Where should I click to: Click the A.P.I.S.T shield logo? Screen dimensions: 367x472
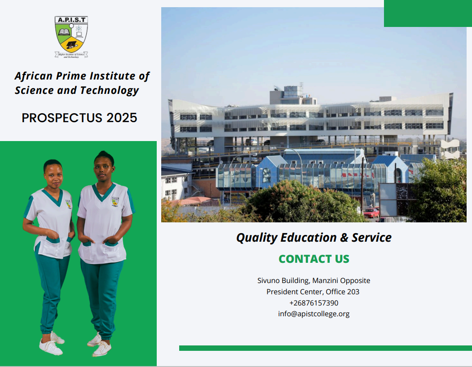pos(71,37)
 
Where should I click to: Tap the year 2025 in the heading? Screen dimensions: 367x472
pos(122,118)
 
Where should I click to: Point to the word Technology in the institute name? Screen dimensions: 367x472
pos(109,90)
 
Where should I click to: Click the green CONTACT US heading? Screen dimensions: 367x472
pos(314,259)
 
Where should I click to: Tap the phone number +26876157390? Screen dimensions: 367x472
pos(314,303)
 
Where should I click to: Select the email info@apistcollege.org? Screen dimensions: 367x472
pos(314,314)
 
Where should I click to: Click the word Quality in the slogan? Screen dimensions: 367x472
pos(256,238)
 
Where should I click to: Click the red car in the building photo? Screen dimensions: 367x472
pos(371,213)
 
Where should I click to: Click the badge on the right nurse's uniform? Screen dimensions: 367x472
pos(115,201)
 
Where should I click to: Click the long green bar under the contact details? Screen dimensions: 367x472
pos(325,348)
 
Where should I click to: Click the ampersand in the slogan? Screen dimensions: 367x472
pos(344,238)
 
